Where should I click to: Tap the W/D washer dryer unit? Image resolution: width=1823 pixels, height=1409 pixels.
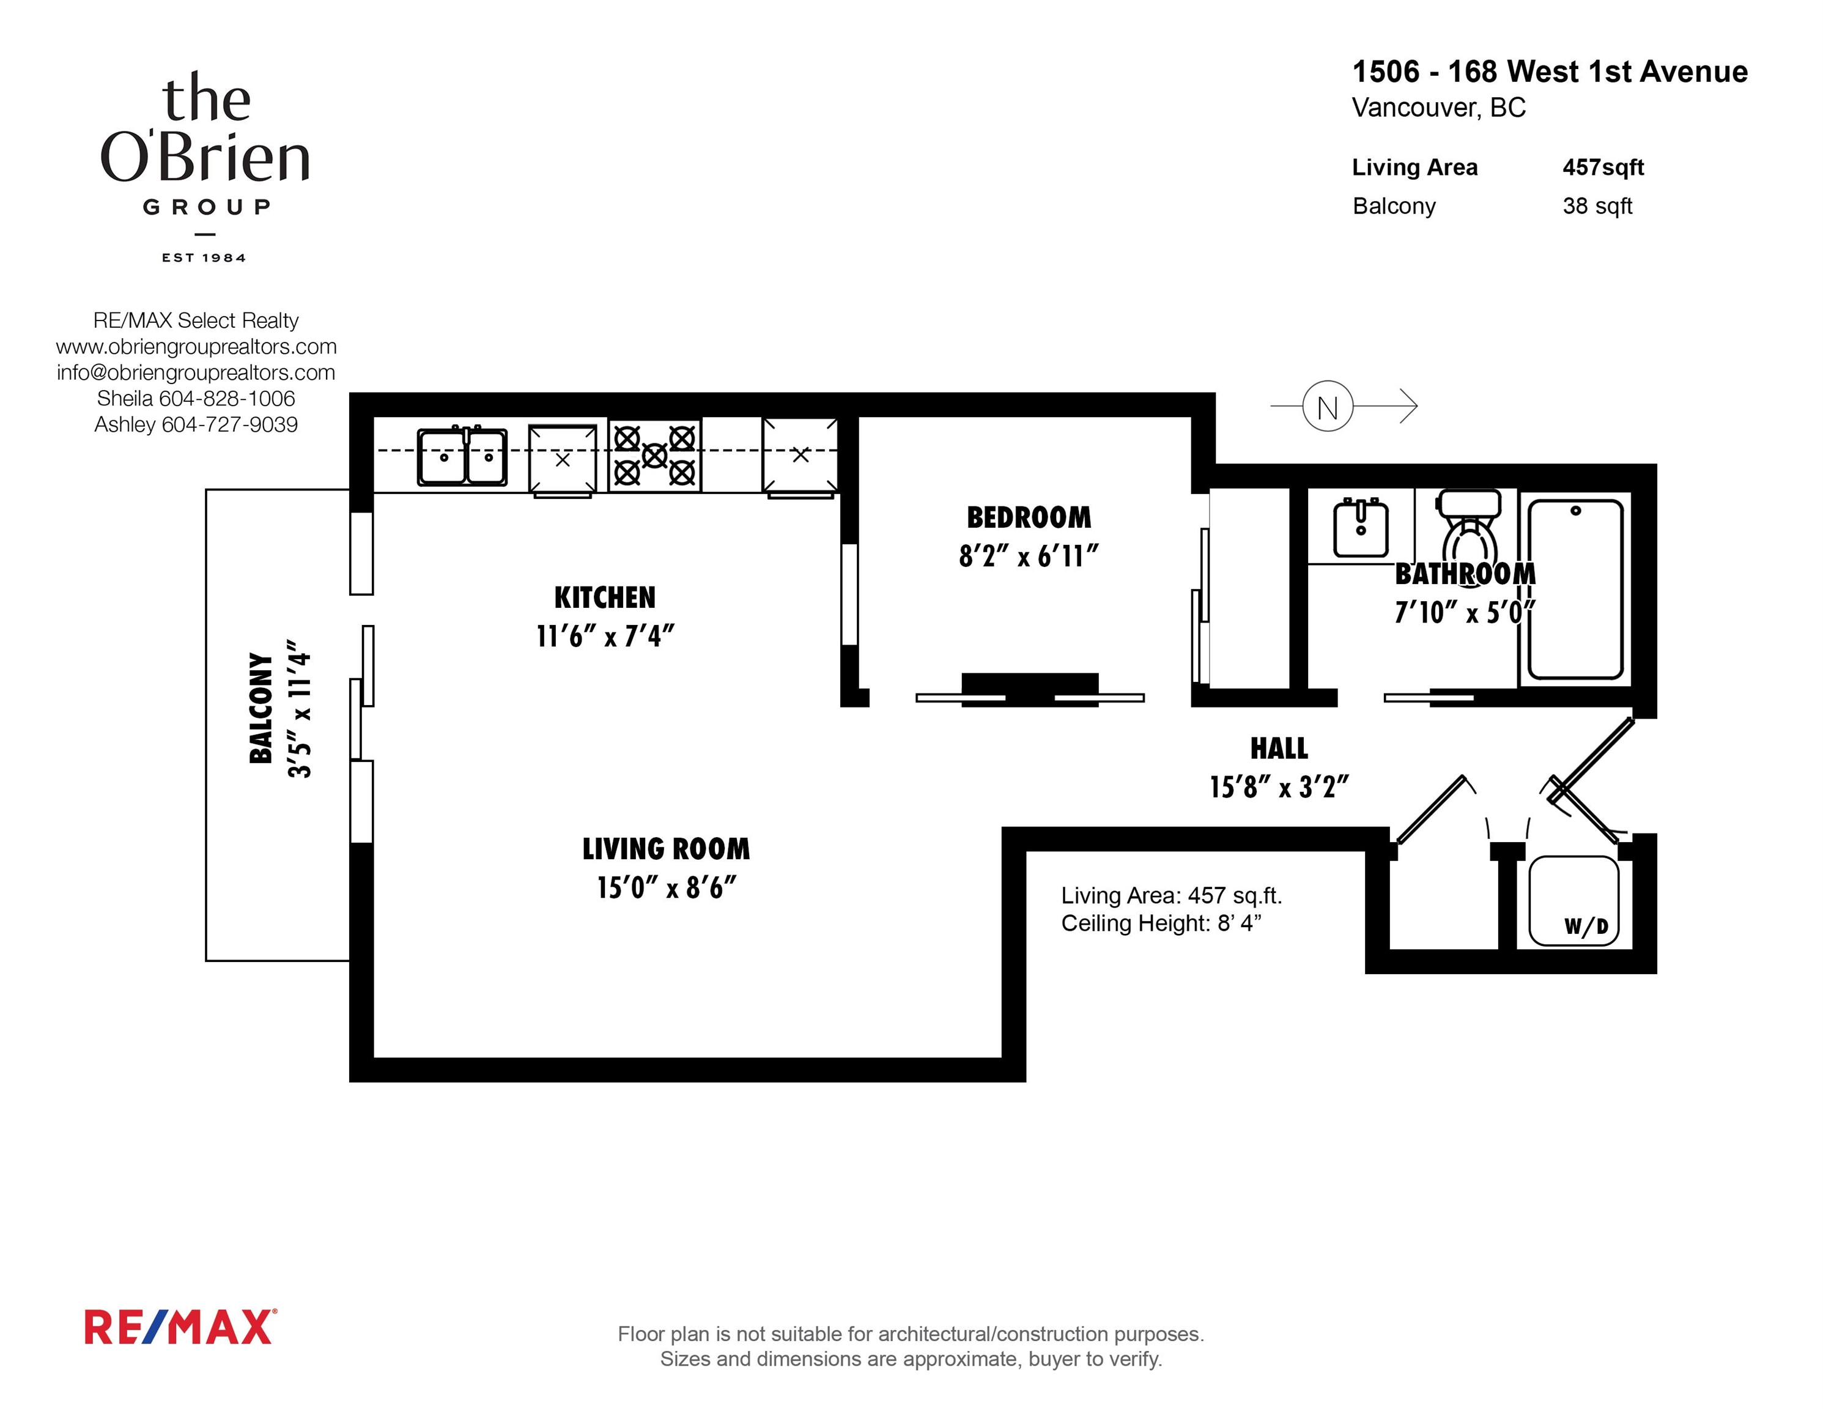pyautogui.click(x=1573, y=901)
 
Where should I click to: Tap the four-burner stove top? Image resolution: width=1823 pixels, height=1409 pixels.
pyautogui.click(x=654, y=455)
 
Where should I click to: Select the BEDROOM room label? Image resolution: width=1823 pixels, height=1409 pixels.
pyautogui.click(x=1029, y=517)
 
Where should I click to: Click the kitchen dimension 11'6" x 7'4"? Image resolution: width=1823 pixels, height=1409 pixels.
pyautogui.click(x=605, y=637)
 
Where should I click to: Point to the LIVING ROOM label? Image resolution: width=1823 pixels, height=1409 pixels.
pyautogui.click(x=666, y=849)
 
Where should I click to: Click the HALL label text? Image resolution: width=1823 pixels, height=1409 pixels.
pyautogui.click(x=1279, y=748)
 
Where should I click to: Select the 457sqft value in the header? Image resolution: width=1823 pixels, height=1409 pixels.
pyautogui.click(x=1603, y=167)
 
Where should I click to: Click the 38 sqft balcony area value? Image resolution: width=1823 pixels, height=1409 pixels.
pyautogui.click(x=1597, y=205)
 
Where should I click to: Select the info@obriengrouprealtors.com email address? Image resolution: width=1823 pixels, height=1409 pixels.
pyautogui.click(x=196, y=372)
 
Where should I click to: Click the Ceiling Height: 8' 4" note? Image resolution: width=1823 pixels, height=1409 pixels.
pyautogui.click(x=1161, y=923)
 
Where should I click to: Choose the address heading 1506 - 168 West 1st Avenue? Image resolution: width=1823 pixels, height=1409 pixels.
pyautogui.click(x=1550, y=72)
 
